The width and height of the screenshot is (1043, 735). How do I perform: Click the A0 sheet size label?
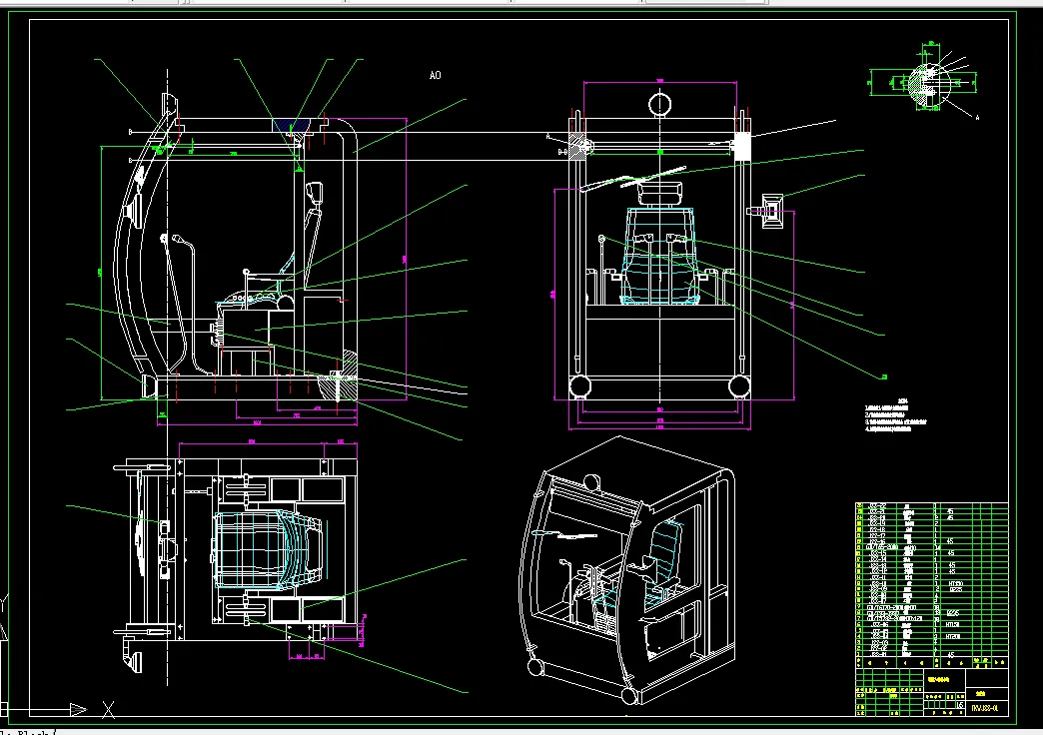[435, 75]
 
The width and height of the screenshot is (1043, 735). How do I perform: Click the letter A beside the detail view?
[976, 118]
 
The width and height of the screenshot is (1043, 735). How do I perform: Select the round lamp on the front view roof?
[660, 103]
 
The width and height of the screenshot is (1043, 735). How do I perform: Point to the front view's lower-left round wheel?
[577, 386]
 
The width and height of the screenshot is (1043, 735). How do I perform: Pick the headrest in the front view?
[660, 190]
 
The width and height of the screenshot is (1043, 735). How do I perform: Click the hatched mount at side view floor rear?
[349, 361]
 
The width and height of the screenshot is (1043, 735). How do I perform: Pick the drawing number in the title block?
[983, 707]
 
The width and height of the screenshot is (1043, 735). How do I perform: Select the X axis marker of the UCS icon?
[109, 711]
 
